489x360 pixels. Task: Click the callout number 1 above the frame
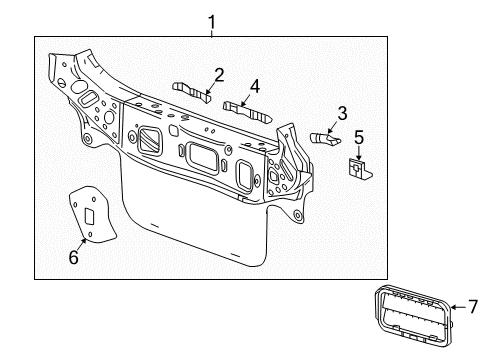[211, 19]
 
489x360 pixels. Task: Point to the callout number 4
[255, 86]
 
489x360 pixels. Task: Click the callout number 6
[73, 257]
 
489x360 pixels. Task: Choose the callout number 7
[474, 309]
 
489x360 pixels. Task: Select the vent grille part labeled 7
[410, 319]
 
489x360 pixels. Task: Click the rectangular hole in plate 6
[90, 215]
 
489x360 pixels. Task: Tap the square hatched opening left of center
[153, 140]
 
